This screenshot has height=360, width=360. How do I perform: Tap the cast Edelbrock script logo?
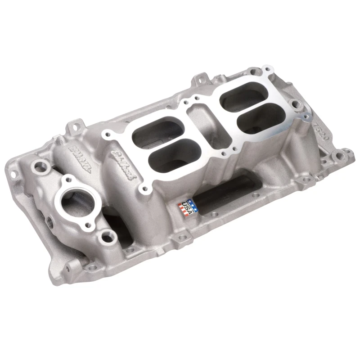[x=121, y=164]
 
